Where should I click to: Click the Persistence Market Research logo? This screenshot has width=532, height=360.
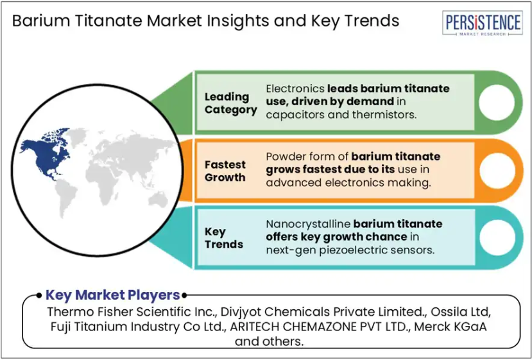point(482,23)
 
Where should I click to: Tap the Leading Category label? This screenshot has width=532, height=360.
point(231,103)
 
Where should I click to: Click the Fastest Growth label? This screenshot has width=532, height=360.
point(225,171)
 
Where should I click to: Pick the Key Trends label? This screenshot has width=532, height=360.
point(223,238)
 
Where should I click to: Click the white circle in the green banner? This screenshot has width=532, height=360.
point(496,102)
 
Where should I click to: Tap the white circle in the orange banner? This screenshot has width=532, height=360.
point(497,171)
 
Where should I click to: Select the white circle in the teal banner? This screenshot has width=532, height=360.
point(497,237)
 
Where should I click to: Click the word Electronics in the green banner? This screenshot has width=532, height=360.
point(295,89)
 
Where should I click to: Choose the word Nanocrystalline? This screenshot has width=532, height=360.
point(308,224)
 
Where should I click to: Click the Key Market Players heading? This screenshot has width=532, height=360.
point(113,295)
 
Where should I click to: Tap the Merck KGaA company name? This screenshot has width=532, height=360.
point(450,327)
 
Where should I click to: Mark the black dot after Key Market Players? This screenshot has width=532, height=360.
point(184,295)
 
